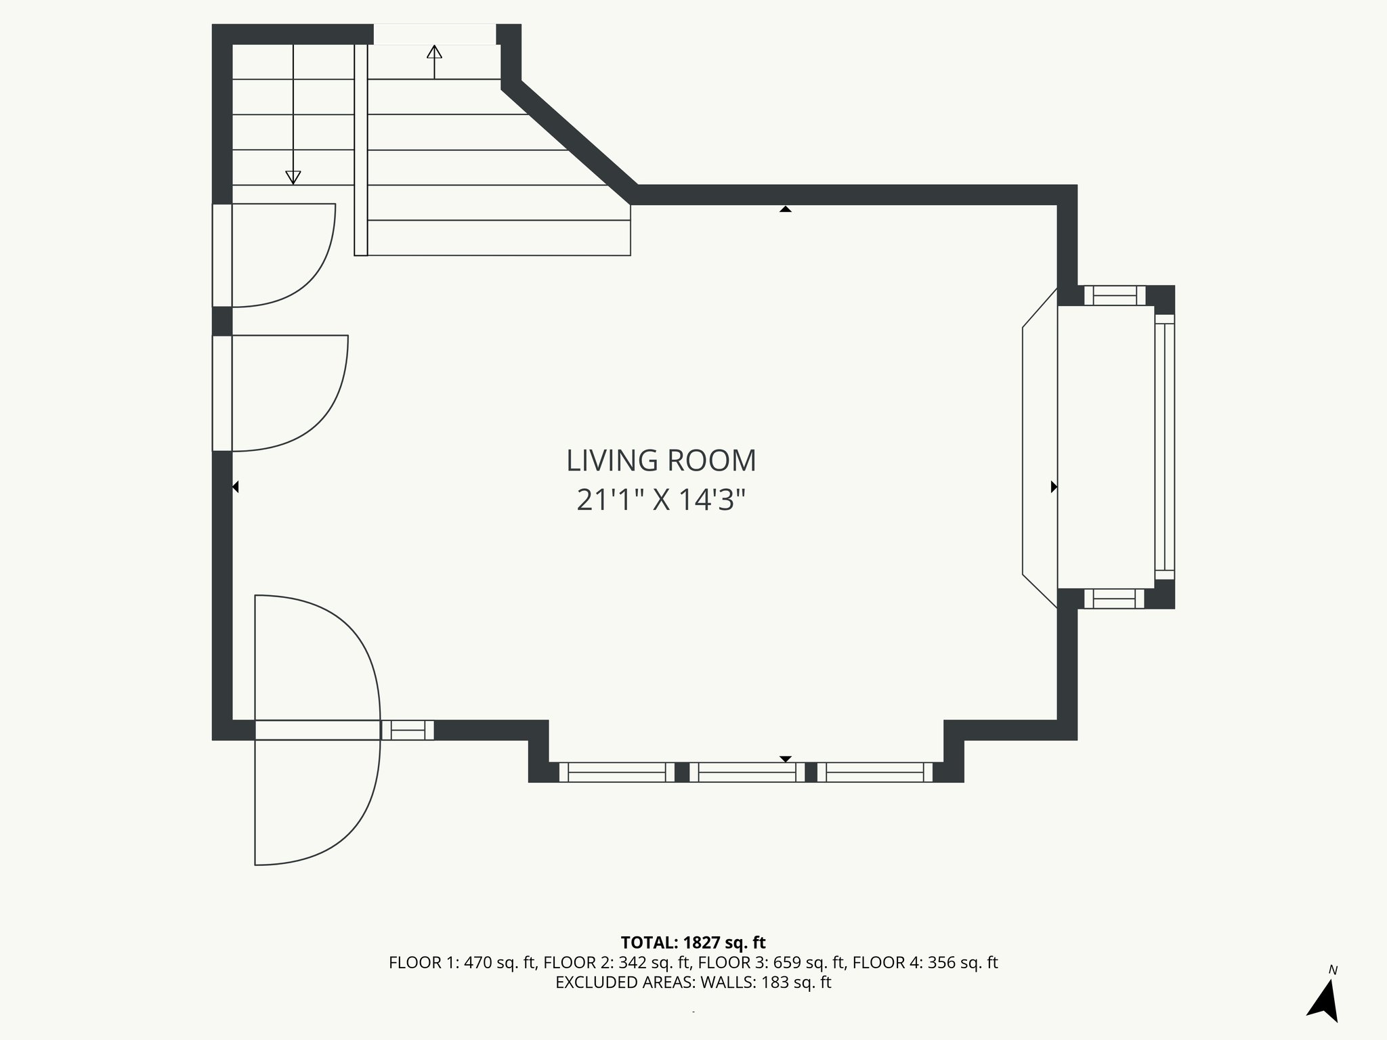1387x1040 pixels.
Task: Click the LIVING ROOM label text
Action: click(661, 461)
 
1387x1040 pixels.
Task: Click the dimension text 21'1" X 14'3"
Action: click(661, 501)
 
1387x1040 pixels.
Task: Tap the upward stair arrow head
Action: click(434, 51)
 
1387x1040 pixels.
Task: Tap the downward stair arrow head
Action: click(293, 177)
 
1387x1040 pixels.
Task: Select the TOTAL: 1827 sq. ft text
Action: click(693, 942)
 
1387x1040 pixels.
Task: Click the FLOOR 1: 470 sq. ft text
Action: click(463, 963)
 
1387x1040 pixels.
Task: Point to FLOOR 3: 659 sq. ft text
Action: click(772, 963)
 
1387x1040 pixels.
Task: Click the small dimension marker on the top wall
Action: click(785, 209)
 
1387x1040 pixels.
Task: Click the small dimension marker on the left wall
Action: click(235, 487)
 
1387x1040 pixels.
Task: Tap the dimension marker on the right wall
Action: click(1054, 487)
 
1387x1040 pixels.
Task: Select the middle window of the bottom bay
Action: click(747, 773)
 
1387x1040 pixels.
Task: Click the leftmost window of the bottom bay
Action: click(617, 773)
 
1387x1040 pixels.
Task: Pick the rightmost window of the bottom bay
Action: click(875, 773)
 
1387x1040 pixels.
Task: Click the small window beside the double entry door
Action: click(407, 730)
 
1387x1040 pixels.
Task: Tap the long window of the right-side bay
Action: click(1164, 447)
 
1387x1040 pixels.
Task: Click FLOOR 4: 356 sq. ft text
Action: click(925, 963)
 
